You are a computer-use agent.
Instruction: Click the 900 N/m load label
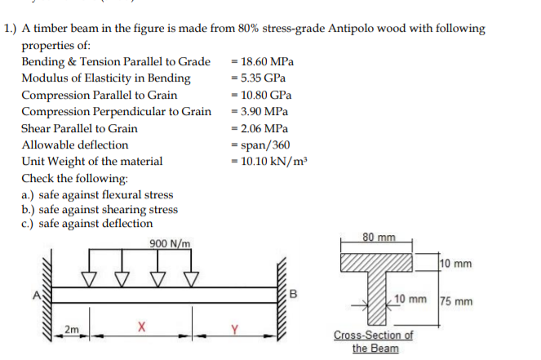(x=170, y=244)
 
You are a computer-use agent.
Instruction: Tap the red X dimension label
(x=141, y=327)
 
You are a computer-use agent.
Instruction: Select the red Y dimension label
(x=235, y=329)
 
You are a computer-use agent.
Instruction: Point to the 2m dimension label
(x=72, y=330)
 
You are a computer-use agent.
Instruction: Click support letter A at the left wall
(x=37, y=296)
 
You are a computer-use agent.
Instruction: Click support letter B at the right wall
(x=293, y=294)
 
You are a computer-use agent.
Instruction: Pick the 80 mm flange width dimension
(x=379, y=237)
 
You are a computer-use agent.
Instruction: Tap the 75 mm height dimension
(x=456, y=301)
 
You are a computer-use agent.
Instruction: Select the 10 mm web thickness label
(x=410, y=299)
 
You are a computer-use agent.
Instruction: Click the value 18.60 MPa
(x=267, y=61)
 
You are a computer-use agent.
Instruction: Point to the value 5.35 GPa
(x=263, y=78)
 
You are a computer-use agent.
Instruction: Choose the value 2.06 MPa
(x=264, y=128)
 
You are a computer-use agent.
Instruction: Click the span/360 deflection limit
(x=265, y=145)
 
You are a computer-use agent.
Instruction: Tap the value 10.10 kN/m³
(x=274, y=161)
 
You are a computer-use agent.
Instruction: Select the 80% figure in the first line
(x=248, y=28)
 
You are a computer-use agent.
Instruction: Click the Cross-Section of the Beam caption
(x=374, y=341)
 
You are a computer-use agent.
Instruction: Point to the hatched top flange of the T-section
(x=376, y=262)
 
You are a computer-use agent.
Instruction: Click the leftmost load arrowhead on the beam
(x=89, y=279)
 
